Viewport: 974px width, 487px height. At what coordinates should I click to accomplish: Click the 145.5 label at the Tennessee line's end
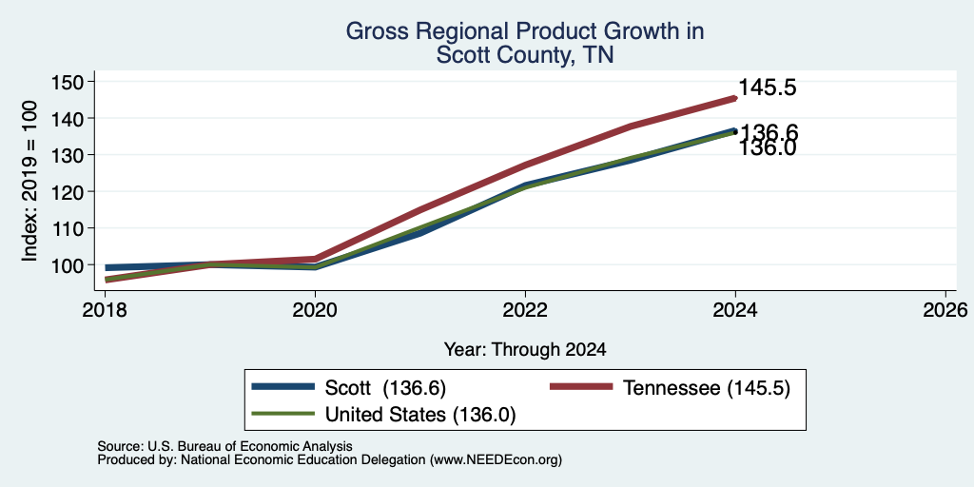point(768,88)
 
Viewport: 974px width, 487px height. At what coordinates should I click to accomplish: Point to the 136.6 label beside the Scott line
point(769,132)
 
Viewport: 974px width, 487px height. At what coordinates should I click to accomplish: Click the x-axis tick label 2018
point(105,310)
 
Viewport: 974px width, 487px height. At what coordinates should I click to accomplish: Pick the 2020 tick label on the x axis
point(315,310)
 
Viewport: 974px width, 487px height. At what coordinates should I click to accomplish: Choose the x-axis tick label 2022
point(525,310)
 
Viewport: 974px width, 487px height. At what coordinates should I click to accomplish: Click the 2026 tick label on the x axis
point(945,310)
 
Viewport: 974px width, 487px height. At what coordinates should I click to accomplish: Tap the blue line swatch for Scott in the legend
point(282,386)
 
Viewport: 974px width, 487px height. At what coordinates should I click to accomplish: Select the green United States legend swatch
point(282,413)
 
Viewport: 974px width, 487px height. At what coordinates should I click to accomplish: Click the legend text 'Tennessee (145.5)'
point(707,388)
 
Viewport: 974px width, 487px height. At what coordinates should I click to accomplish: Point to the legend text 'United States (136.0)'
point(420,415)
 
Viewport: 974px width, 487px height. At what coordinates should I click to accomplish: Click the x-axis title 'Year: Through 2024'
point(525,350)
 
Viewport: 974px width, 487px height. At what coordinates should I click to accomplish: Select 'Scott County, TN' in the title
point(525,54)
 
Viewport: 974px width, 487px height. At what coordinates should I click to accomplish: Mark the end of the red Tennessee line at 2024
point(735,98)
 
